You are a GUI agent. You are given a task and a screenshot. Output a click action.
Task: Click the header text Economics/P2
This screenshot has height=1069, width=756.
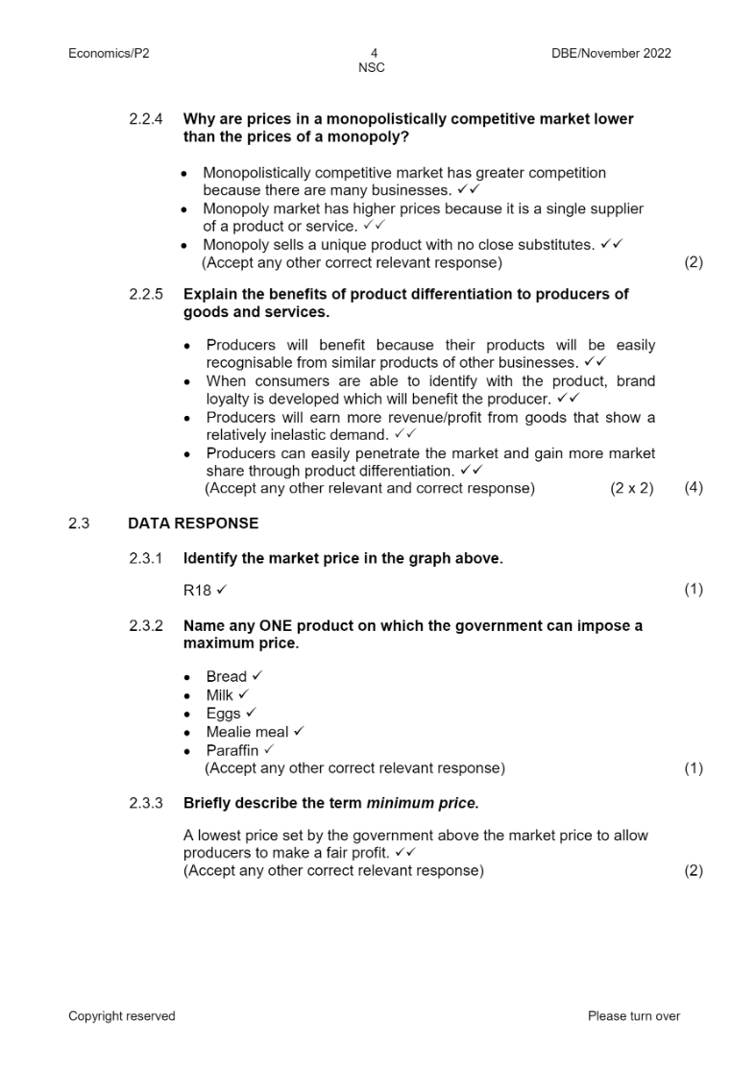109,54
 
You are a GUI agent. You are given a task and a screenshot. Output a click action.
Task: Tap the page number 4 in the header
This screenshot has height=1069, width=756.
374,54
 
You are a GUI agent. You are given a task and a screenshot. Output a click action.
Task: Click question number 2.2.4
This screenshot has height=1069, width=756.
146,119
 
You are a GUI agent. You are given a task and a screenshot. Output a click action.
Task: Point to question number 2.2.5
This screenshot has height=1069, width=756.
146,294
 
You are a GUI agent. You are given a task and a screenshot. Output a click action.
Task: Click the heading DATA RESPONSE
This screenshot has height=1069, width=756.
193,523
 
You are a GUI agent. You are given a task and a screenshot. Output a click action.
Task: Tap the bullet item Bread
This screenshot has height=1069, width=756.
227,677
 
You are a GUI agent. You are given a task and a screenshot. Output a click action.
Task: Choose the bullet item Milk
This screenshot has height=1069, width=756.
220,695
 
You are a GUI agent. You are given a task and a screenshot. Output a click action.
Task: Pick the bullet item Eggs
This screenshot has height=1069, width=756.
223,714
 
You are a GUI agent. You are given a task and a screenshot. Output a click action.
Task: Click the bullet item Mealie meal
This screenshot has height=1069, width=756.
247,732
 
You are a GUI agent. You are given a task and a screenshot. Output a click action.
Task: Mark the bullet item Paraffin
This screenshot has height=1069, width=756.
232,750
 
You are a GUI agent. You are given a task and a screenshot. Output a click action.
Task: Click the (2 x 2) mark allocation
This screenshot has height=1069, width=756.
631,488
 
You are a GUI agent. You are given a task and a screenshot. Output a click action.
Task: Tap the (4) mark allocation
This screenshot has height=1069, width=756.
694,488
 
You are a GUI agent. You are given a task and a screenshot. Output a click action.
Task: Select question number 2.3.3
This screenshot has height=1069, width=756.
146,802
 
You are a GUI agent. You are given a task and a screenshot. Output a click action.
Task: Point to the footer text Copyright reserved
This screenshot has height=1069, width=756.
122,1016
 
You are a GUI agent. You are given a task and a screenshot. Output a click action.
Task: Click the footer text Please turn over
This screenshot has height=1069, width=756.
633,1016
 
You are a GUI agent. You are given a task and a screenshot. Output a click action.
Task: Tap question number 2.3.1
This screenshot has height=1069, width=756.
146,558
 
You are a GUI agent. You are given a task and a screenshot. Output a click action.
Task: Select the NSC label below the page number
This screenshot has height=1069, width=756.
372,68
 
